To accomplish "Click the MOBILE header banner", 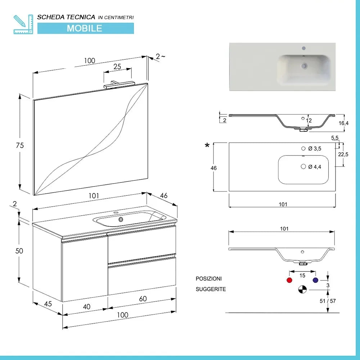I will [85, 28].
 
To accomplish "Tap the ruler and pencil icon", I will [23, 24].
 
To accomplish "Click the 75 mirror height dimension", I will [20, 145].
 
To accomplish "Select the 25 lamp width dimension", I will [117, 67].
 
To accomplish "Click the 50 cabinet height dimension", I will [19, 251].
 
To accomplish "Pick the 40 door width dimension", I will [86, 306].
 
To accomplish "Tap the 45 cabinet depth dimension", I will [48, 303].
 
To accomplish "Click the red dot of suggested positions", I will [289, 280].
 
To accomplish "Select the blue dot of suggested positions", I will [315, 280].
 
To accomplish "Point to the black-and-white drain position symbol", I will [302, 289].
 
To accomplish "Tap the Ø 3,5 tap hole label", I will [315, 148].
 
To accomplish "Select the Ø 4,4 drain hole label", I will [315, 166].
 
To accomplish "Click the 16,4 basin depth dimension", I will [344, 123].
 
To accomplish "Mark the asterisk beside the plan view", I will [207, 145].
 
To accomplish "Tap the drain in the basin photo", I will [304, 66].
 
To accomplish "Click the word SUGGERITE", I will [211, 289].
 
